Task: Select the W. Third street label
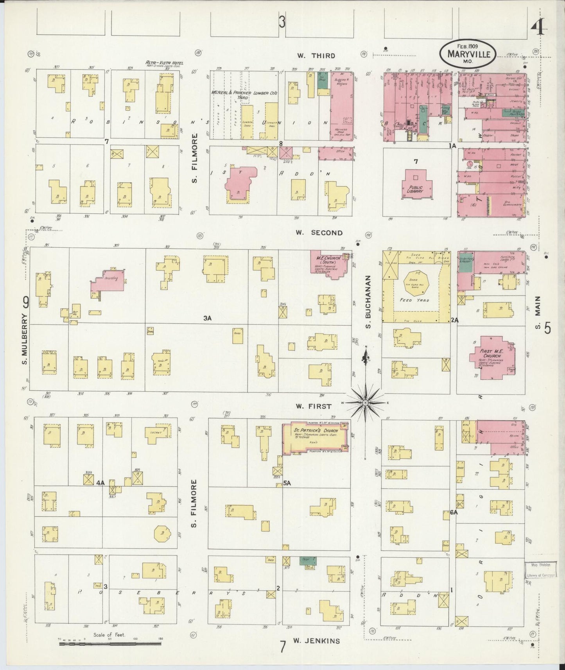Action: pos(316,56)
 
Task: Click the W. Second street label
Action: pos(319,233)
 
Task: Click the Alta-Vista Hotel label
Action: pos(164,63)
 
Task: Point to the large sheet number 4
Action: pos(539,28)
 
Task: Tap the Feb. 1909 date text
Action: pos(467,46)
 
